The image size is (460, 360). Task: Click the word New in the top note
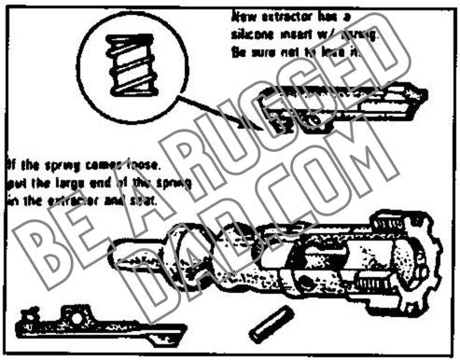242,17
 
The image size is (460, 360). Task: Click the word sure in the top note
265,53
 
